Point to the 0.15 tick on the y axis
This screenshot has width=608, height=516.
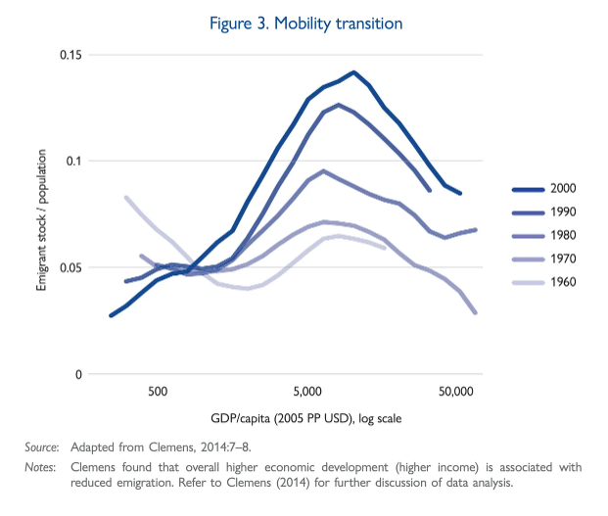[x=68, y=54]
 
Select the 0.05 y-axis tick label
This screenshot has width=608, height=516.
[x=68, y=267]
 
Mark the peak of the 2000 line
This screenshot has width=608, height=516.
[x=353, y=71]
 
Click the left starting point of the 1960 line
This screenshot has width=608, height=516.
[x=126, y=197]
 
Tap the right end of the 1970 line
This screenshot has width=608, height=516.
[x=476, y=312]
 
